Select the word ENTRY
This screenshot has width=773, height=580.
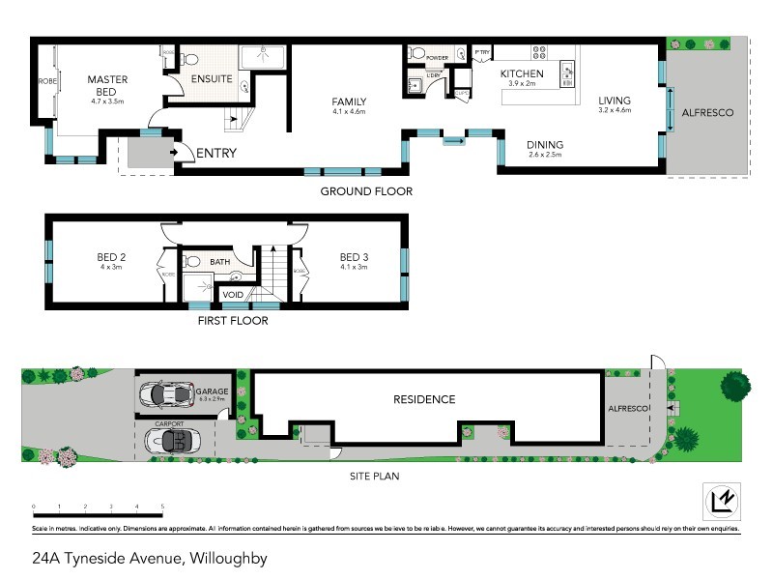point(215,153)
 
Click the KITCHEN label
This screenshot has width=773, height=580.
point(522,73)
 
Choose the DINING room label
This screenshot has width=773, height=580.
point(545,145)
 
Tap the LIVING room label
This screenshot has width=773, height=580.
point(614,101)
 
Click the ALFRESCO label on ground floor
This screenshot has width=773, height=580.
point(707,113)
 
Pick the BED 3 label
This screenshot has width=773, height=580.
point(354,257)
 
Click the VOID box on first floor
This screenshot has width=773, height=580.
point(233,294)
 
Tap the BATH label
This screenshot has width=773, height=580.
point(220,262)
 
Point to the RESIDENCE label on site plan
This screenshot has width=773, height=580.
point(423,399)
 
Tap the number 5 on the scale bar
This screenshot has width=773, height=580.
point(162,507)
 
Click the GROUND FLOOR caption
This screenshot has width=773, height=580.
point(366,191)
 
